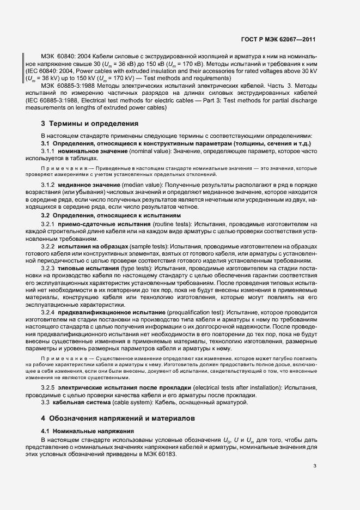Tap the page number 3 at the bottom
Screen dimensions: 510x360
pos(315,465)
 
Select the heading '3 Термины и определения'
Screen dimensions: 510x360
pos(90,124)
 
